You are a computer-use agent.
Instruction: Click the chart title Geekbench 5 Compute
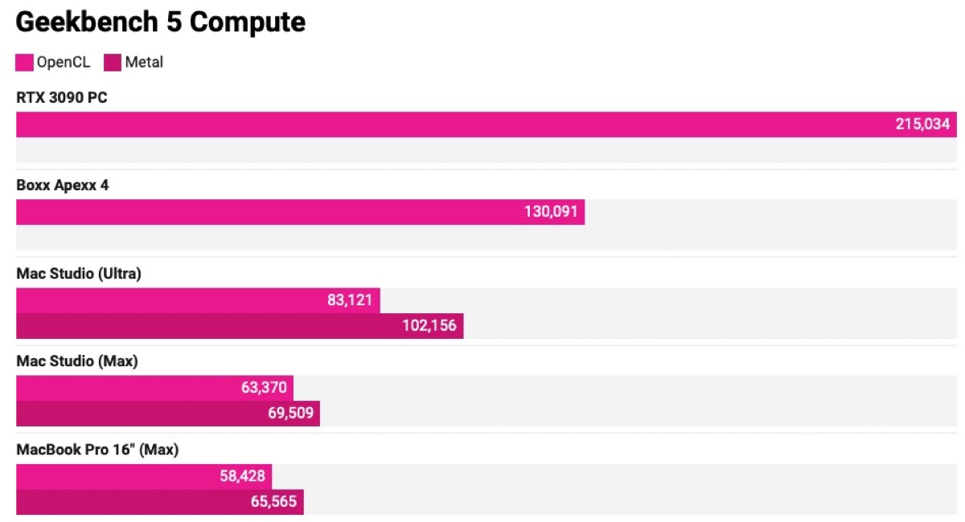pos(161,22)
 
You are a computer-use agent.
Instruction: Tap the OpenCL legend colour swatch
pos(25,63)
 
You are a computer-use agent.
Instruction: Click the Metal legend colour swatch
pos(112,63)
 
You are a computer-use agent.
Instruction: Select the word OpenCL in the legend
pos(64,63)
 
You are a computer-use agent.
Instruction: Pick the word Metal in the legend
pos(144,63)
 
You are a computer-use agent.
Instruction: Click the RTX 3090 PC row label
pos(62,98)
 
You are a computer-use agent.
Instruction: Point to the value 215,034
pos(922,124)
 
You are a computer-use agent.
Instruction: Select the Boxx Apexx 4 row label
pos(63,186)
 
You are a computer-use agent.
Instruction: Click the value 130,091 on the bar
pos(551,212)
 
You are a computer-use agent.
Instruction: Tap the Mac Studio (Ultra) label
pos(79,274)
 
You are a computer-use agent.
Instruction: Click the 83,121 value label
pos(350,300)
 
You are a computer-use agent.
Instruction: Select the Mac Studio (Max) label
pos(77,361)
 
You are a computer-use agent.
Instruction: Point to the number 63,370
pos(263,388)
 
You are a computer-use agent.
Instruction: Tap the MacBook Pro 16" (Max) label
pos(97,450)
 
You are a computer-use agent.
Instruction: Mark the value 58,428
pos(242,476)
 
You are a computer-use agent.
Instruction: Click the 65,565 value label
pos(273,503)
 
